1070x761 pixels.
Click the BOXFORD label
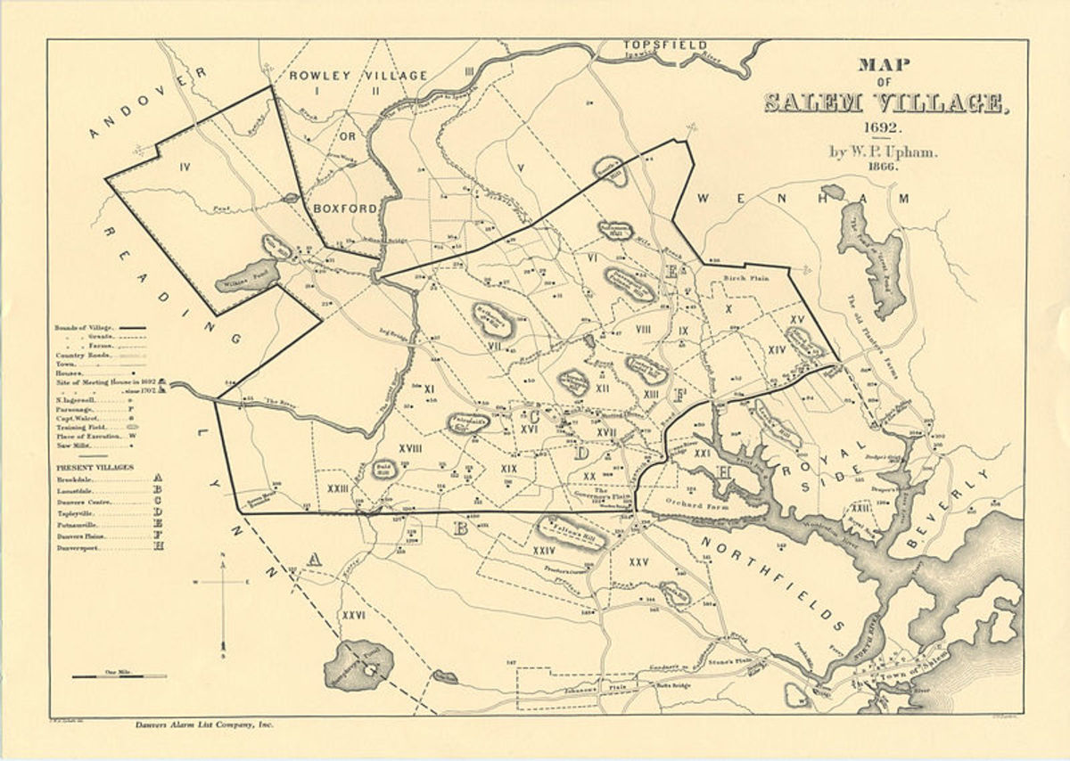[x=345, y=209]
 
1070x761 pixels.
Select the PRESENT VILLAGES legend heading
[x=95, y=466]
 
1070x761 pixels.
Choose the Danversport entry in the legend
[x=85, y=547]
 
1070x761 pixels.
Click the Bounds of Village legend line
[x=89, y=327]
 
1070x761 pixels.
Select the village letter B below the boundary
[x=461, y=529]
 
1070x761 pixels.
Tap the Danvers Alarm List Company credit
[x=200, y=725]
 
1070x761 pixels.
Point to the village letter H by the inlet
[x=724, y=471]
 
